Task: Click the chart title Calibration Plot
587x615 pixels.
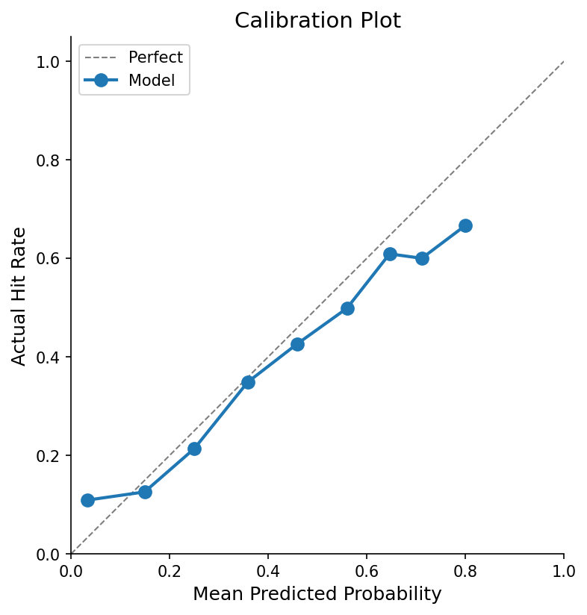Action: pyautogui.click(x=317, y=21)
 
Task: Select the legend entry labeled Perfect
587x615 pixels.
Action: pyautogui.click(x=155, y=57)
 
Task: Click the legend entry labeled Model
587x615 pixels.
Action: pyautogui.click(x=152, y=81)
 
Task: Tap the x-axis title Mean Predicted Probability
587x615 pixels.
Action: pyautogui.click(x=317, y=594)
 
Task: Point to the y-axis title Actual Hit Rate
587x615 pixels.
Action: pyautogui.click(x=19, y=296)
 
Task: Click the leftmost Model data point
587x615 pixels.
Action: pyautogui.click(x=87, y=500)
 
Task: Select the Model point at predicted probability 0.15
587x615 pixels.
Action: pyautogui.click(x=145, y=492)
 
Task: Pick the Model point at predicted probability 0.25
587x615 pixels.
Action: pyautogui.click(x=194, y=449)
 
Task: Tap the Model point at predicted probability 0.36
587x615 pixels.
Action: pyautogui.click(x=248, y=382)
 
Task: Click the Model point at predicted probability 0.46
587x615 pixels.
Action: pyautogui.click(x=297, y=344)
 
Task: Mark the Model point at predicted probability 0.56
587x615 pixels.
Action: pyautogui.click(x=347, y=308)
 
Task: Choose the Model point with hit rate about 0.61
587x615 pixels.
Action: pyautogui.click(x=390, y=254)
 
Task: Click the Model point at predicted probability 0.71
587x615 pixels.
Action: pyautogui.click(x=422, y=258)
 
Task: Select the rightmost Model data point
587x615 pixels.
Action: pyautogui.click(x=465, y=225)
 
